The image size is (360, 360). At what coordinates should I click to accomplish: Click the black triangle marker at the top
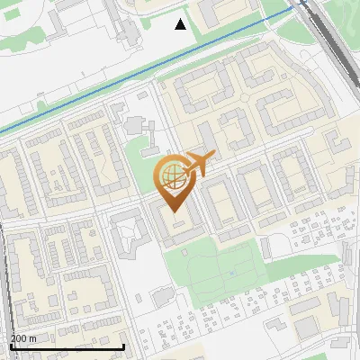pyautogui.click(x=181, y=24)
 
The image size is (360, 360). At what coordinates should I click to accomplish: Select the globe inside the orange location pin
pyautogui.click(x=170, y=175)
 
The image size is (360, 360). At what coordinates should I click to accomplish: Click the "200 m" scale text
pyautogui.click(x=23, y=337)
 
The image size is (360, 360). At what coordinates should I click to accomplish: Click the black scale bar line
pyautogui.click(x=67, y=346)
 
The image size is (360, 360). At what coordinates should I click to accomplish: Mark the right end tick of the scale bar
pyautogui.click(x=123, y=345)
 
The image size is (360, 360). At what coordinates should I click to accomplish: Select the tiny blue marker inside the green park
pyautogui.click(x=231, y=272)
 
